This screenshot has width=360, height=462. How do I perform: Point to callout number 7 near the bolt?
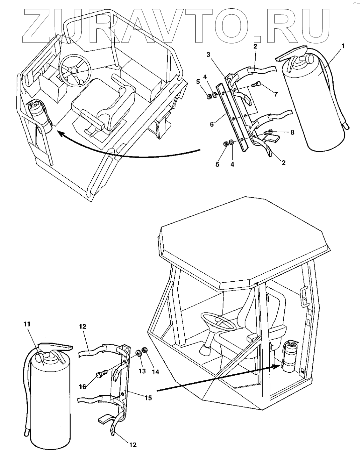tap(276, 94)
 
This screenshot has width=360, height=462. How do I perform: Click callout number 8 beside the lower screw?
tap(292, 132)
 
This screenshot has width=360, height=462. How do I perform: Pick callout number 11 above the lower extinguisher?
tap(27, 324)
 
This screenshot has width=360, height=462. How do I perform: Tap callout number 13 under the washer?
tap(142, 371)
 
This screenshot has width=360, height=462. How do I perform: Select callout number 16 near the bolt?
tap(83, 386)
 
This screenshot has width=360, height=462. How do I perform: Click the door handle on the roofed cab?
tap(304, 296)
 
